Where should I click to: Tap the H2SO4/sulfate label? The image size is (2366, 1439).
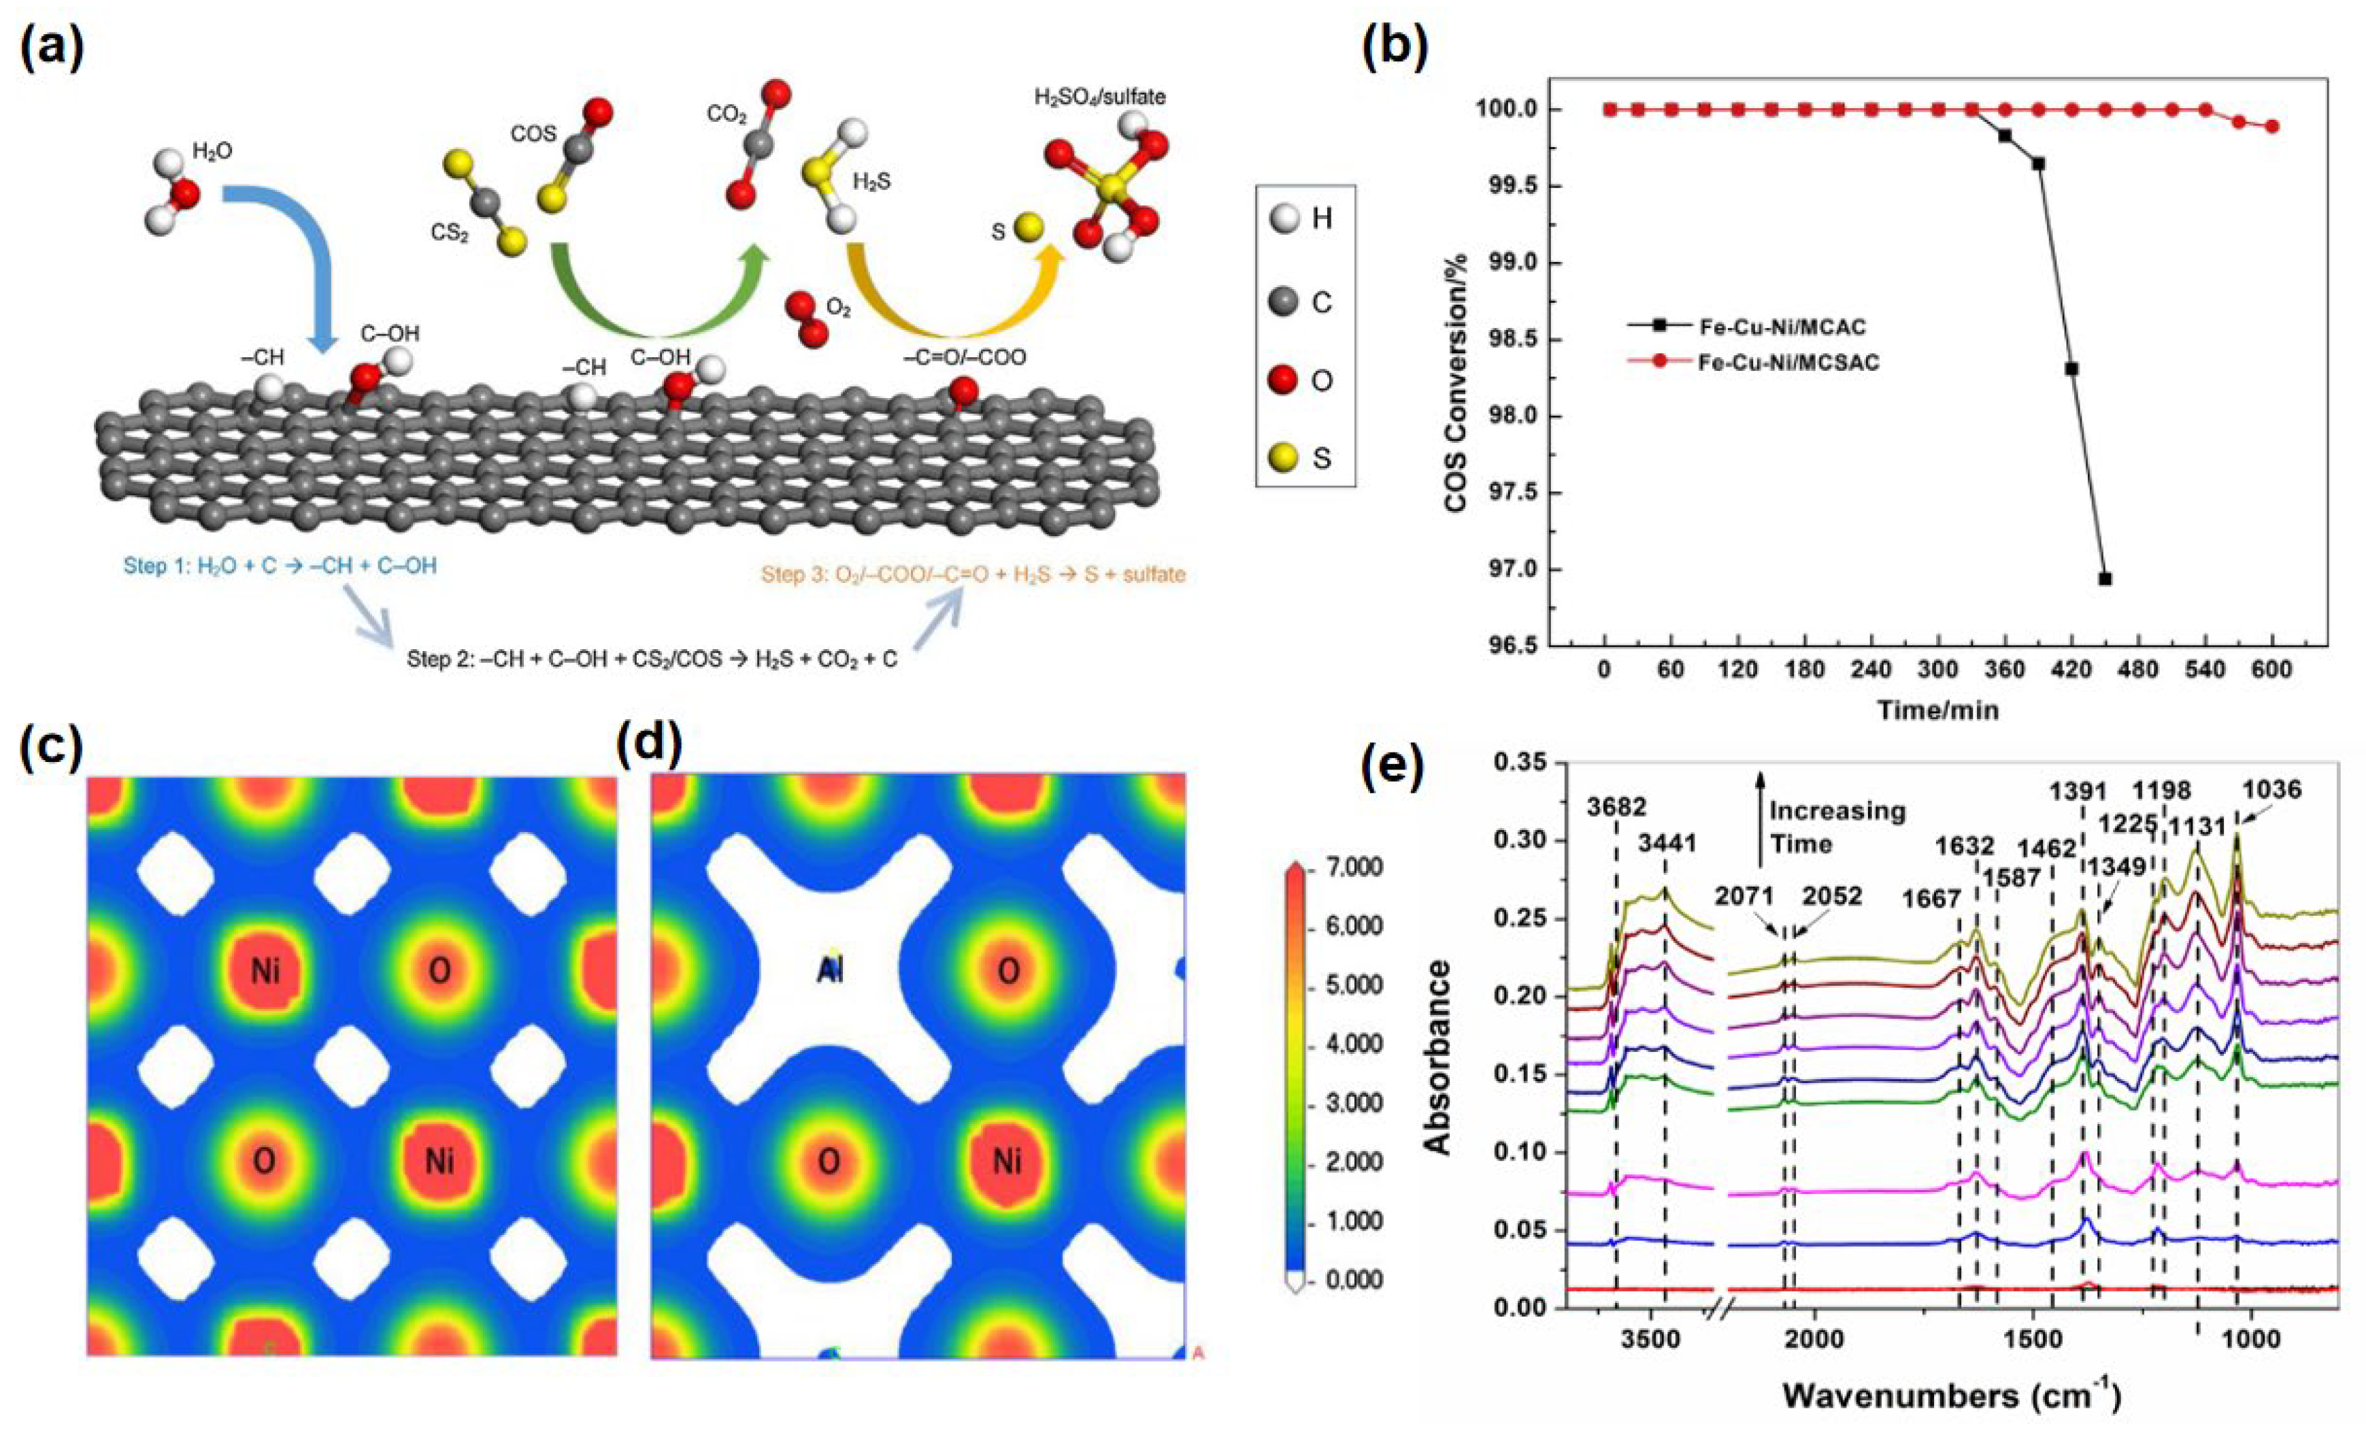(1099, 97)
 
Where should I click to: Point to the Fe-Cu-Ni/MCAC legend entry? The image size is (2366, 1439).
(1781, 327)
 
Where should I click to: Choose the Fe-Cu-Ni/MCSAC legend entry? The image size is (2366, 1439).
(1788, 363)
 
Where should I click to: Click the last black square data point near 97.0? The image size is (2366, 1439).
(2104, 578)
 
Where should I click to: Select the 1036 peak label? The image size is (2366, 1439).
(2272, 790)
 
